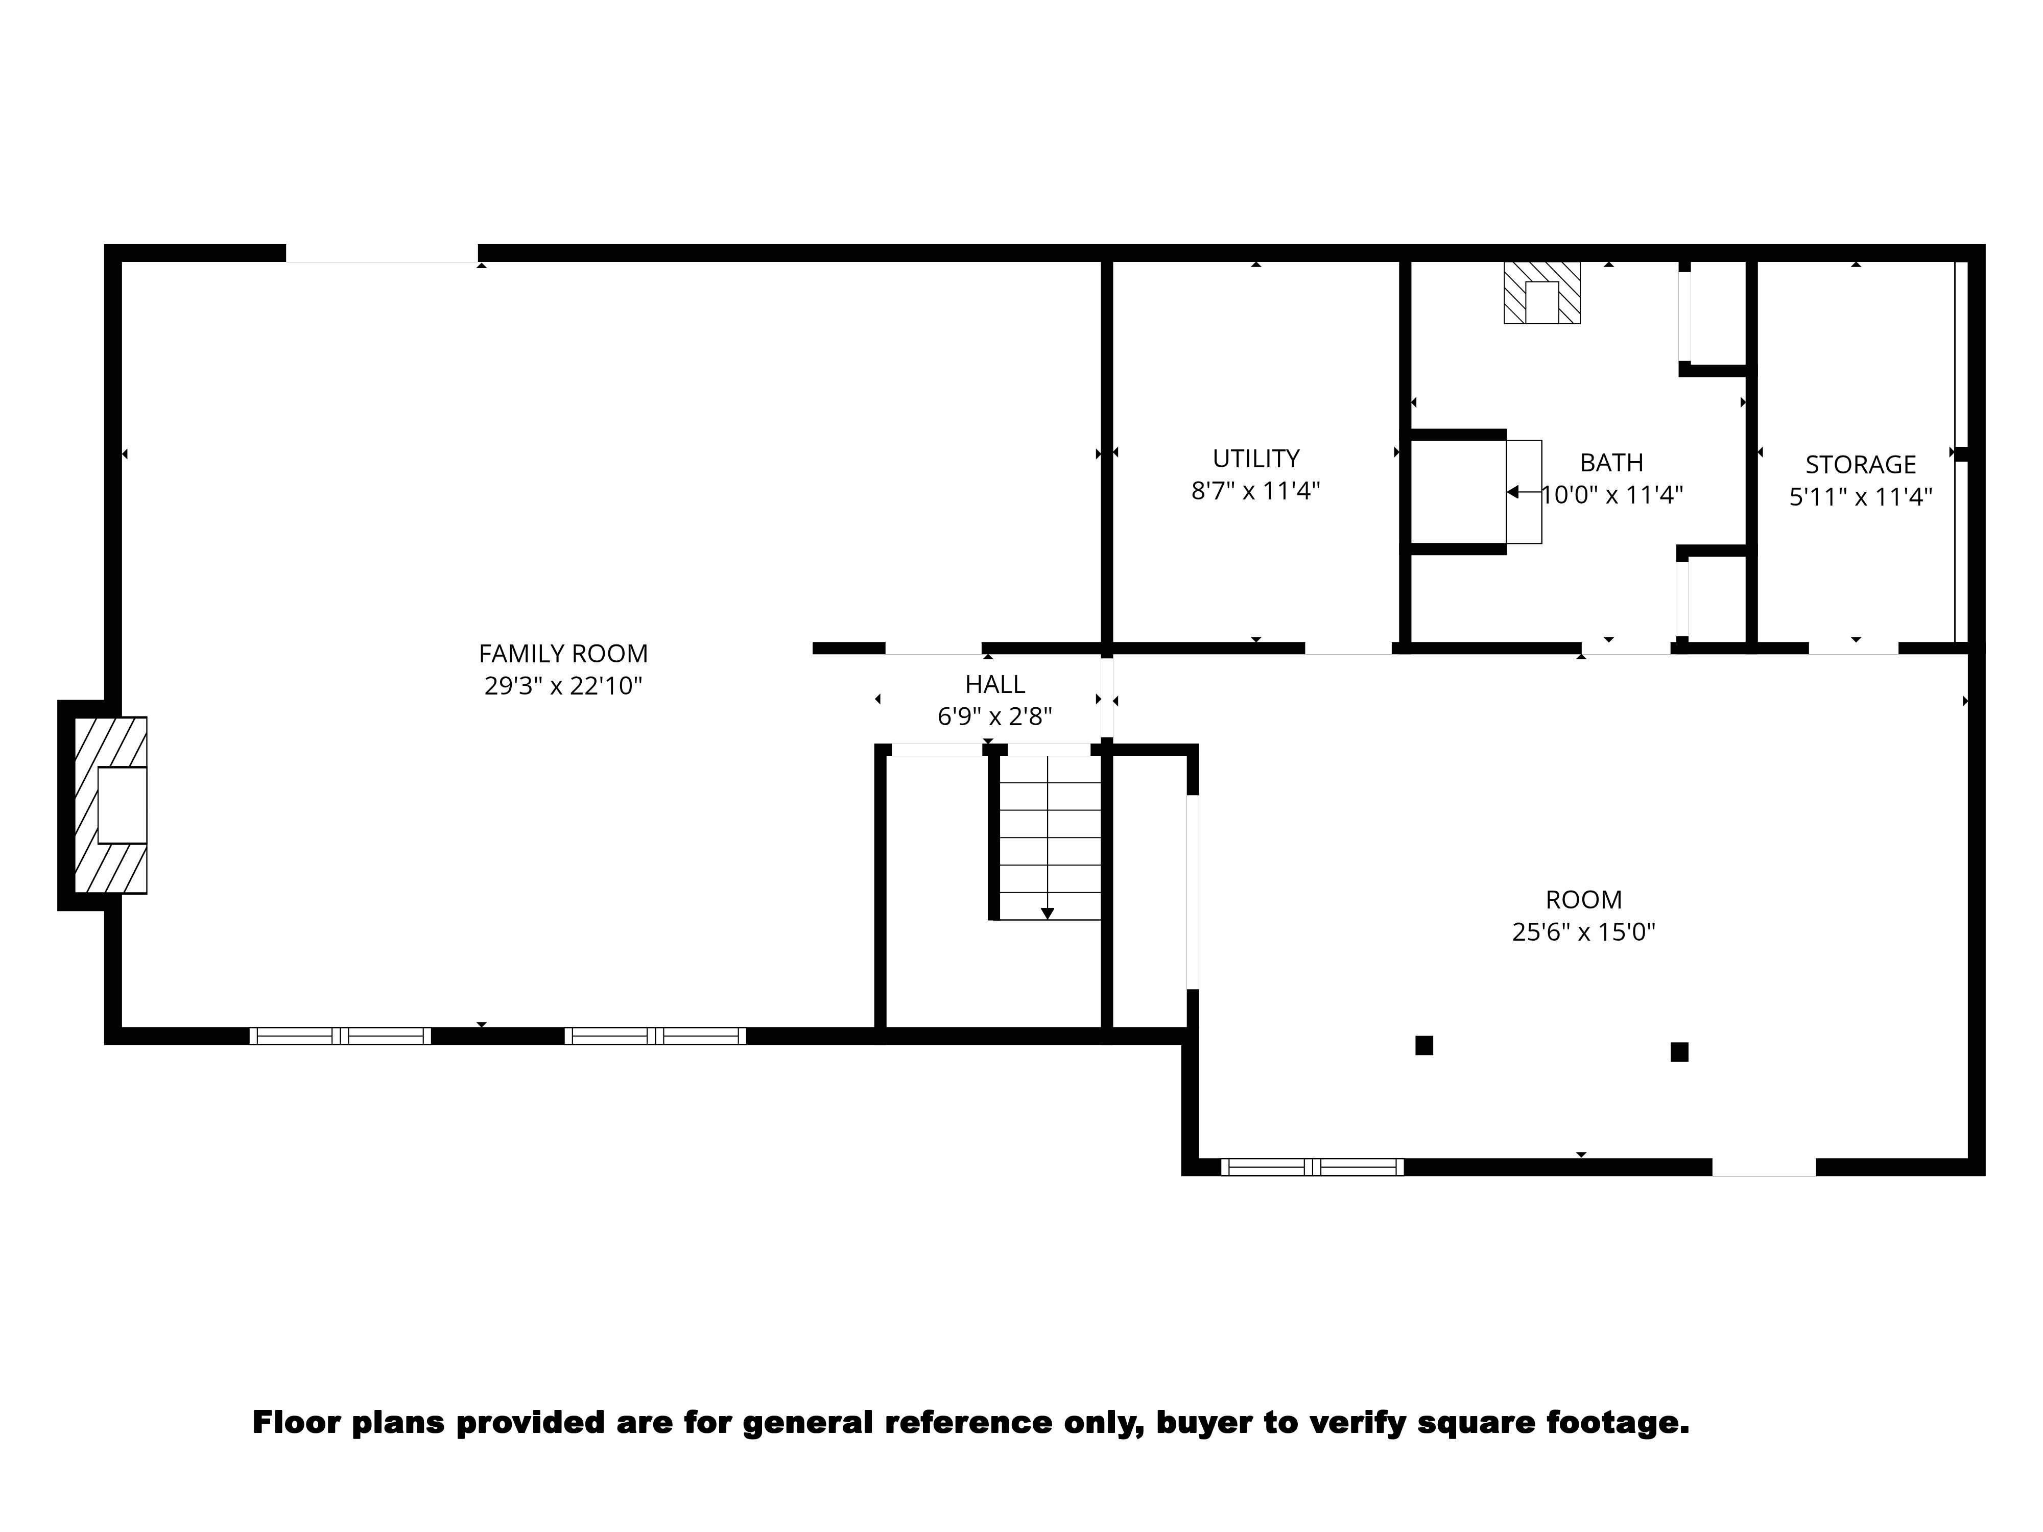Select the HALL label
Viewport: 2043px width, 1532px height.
[995, 684]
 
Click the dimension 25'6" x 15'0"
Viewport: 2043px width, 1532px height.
[1583, 932]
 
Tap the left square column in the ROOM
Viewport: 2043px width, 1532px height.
[1423, 1045]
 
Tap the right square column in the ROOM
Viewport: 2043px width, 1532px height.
[1679, 1052]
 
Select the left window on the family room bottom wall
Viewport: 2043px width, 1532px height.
[340, 1036]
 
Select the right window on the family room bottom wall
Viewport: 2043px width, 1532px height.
[655, 1036]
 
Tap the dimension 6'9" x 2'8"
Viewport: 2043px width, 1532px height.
[995, 716]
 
